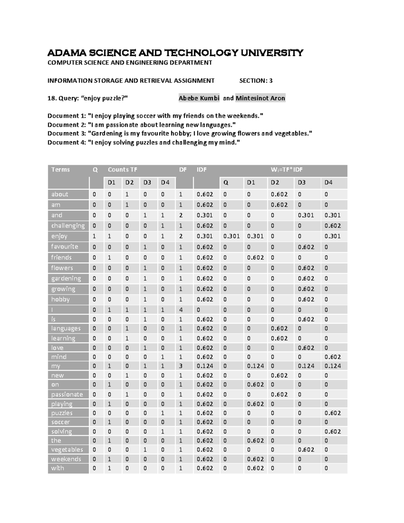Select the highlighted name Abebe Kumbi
click(199, 98)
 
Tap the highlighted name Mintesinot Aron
click(260, 98)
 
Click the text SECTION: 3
click(256, 80)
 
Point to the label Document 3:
click(66, 133)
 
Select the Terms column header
click(61, 170)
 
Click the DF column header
click(183, 170)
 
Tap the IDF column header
click(202, 170)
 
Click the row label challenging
click(68, 226)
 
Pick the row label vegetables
click(67, 450)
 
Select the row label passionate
click(67, 394)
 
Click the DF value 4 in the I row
click(181, 310)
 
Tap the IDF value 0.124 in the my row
click(205, 366)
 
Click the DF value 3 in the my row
click(181, 366)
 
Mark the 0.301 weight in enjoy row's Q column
click(231, 236)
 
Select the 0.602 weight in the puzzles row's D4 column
click(333, 413)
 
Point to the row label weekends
click(66, 459)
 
